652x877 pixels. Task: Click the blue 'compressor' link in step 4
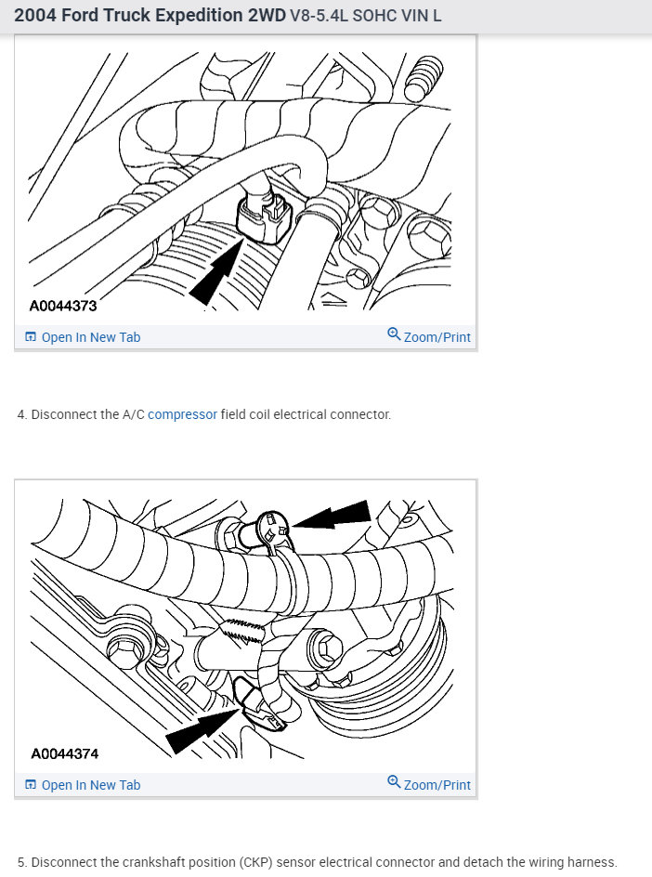[182, 414]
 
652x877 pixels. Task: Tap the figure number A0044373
[63, 306]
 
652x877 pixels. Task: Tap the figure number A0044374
[65, 754]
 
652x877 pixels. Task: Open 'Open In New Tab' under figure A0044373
[83, 337]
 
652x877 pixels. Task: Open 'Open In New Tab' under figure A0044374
[83, 785]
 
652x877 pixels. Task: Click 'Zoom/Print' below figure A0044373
[429, 336]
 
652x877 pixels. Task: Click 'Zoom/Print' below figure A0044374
[429, 784]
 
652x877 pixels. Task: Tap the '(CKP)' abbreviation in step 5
[255, 862]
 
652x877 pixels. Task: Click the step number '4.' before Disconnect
[21, 414]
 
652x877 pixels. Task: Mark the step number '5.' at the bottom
[21, 862]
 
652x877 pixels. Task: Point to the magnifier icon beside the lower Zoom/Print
[394, 781]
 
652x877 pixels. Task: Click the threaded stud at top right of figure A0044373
[424, 78]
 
